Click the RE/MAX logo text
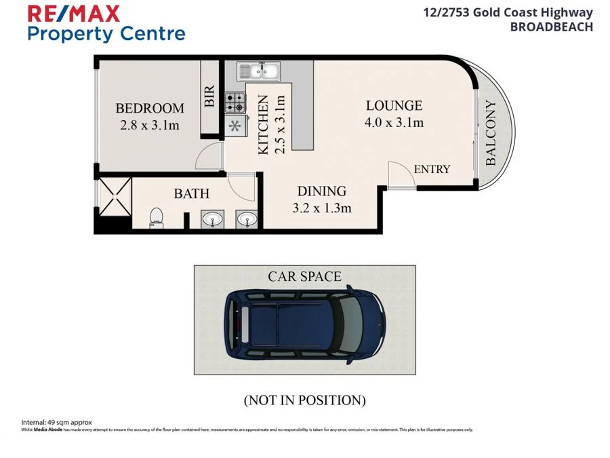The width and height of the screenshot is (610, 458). pyautogui.click(x=73, y=13)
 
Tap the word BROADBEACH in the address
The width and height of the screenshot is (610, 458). pyautogui.click(x=551, y=27)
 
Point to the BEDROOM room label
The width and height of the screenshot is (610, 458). pyautogui.click(x=149, y=109)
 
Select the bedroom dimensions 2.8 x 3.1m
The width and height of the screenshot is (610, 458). pyautogui.click(x=149, y=125)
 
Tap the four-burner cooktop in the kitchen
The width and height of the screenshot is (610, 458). pyautogui.click(x=235, y=102)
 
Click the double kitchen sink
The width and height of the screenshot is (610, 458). pyautogui.click(x=258, y=69)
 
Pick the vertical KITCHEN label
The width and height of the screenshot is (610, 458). pyautogui.click(x=264, y=126)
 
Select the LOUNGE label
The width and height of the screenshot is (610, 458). pyautogui.click(x=394, y=106)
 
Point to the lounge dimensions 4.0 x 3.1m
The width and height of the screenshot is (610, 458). pyautogui.click(x=394, y=123)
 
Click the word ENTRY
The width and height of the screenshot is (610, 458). pyautogui.click(x=432, y=169)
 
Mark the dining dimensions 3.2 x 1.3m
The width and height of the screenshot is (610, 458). pyautogui.click(x=322, y=208)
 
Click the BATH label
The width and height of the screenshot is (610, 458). pyautogui.click(x=192, y=194)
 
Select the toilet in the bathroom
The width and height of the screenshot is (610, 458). pyautogui.click(x=156, y=216)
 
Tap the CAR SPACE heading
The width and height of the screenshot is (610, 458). pyautogui.click(x=304, y=276)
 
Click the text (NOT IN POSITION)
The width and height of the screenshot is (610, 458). pyautogui.click(x=304, y=400)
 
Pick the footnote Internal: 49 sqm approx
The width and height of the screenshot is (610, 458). pyautogui.click(x=57, y=422)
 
